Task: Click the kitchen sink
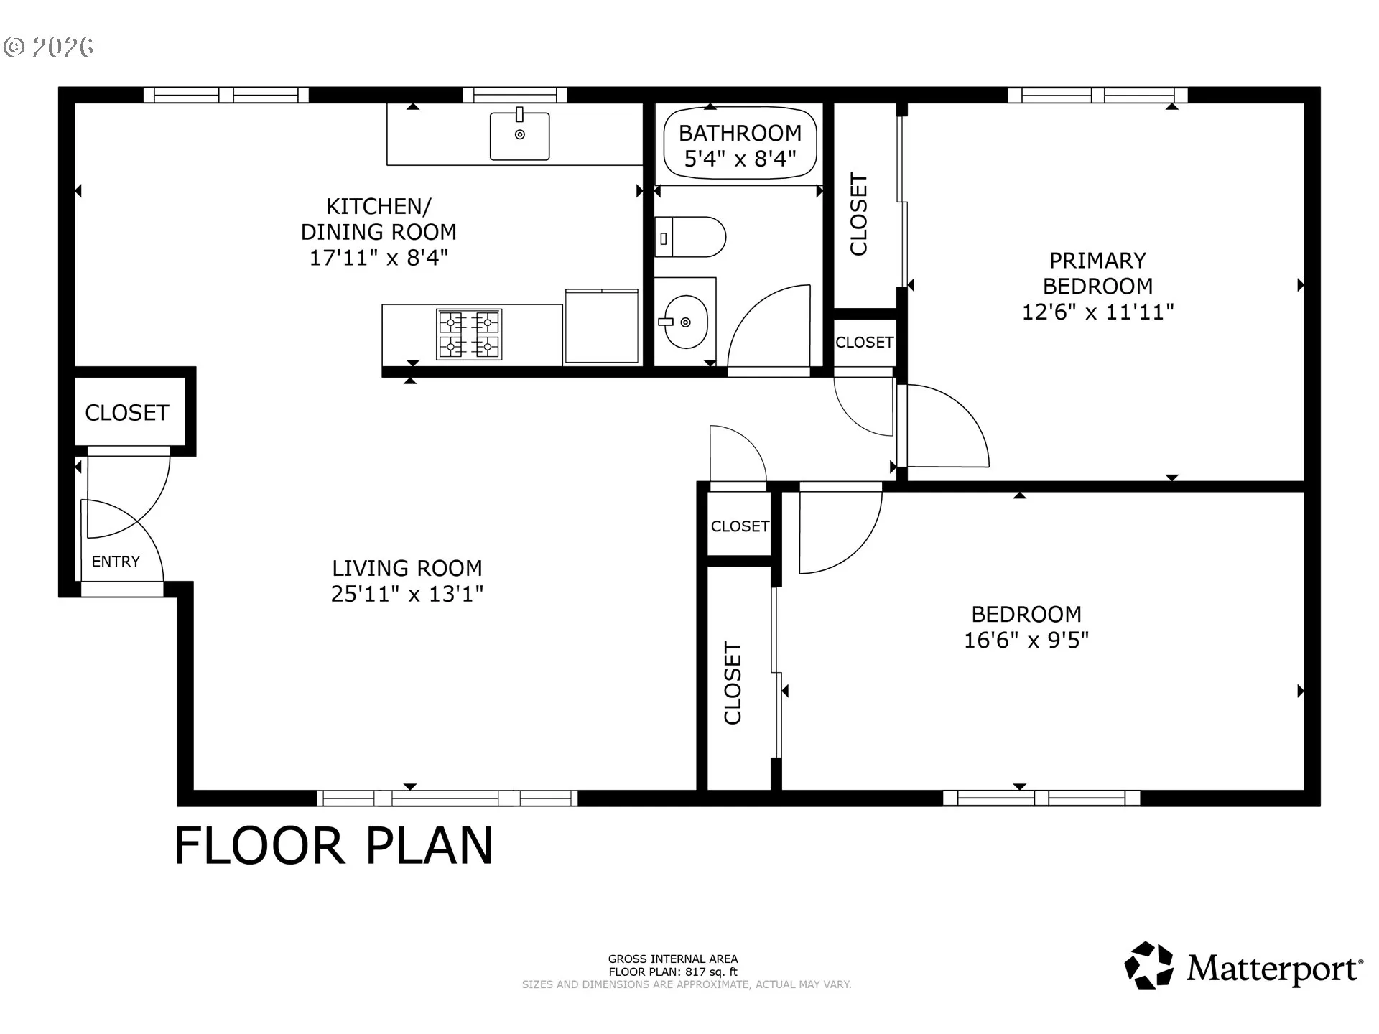tap(519, 136)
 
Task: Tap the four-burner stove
tap(469, 335)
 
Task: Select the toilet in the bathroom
tap(690, 237)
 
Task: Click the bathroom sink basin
tap(685, 322)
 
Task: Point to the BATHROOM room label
tap(740, 133)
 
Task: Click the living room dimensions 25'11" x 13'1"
tap(407, 594)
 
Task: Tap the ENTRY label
tap(116, 562)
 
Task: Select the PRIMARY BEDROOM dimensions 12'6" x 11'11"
tap(1098, 312)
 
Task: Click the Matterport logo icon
tap(1149, 966)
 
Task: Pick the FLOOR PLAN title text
tap(334, 845)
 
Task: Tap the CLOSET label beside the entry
tap(127, 413)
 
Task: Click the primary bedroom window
tap(1097, 95)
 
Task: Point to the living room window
tap(447, 798)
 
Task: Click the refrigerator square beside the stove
tap(602, 326)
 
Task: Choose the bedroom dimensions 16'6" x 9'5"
tap(1026, 640)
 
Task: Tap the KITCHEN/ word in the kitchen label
tap(379, 207)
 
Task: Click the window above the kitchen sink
tap(514, 95)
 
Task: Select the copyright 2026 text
tap(49, 47)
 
